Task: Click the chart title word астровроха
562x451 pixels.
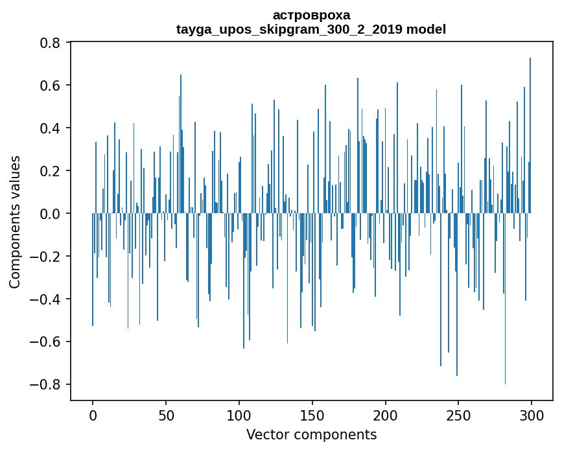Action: point(311,15)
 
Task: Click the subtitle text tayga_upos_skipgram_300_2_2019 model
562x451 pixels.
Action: point(311,29)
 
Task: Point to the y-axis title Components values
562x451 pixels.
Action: point(15,222)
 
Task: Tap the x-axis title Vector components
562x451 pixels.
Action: point(311,434)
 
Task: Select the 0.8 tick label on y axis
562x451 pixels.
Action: point(51,43)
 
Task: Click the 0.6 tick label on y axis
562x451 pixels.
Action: point(51,86)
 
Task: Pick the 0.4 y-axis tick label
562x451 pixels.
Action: point(51,128)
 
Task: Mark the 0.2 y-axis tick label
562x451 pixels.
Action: point(51,171)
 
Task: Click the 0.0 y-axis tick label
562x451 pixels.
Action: point(51,214)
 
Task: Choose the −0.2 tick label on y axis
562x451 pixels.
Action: point(45,257)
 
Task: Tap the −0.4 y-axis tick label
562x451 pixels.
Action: point(45,299)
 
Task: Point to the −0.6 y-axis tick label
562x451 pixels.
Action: point(45,342)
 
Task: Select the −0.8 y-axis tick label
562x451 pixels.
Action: point(45,385)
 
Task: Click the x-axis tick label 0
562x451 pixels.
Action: point(93,415)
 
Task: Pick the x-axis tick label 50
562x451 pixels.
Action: point(166,415)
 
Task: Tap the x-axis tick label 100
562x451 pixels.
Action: point(239,415)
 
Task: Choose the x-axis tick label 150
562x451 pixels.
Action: point(312,415)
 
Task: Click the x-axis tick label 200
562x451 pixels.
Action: point(386,415)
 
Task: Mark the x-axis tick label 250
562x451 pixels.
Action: point(458,415)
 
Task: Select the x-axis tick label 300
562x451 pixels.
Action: point(532,415)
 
